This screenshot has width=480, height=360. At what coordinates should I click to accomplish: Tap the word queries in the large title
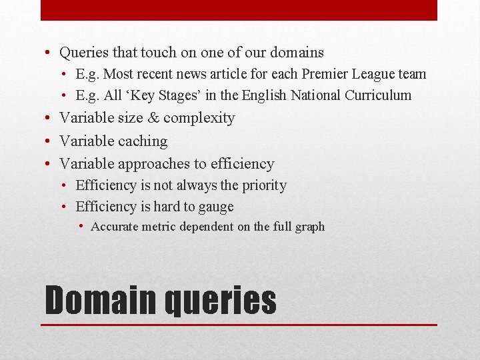(220, 301)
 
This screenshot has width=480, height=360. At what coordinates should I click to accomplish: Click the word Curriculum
(378, 95)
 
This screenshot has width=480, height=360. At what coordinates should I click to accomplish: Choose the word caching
(142, 141)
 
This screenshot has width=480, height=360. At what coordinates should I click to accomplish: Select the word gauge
(213, 207)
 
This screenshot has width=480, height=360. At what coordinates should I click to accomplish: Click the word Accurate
(115, 227)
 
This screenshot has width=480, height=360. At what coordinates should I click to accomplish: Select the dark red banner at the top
(239, 10)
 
